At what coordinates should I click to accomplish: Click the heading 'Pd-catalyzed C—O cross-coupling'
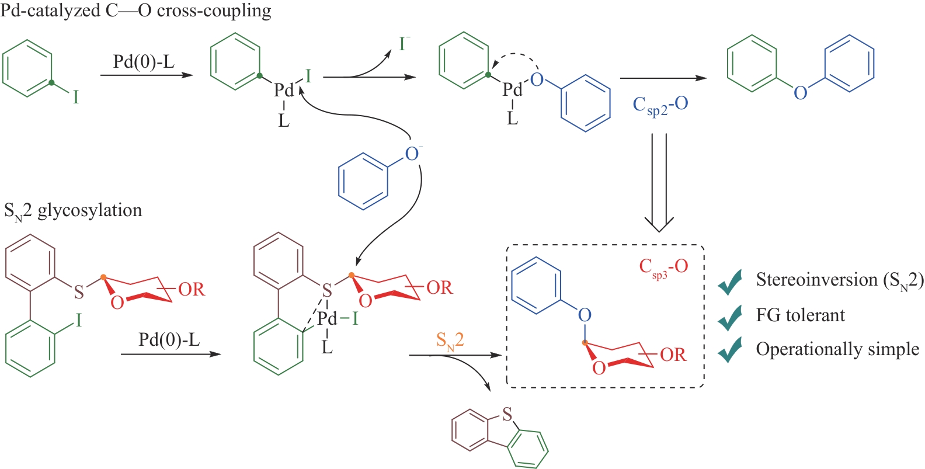[135, 11]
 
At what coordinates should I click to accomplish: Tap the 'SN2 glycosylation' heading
[73, 210]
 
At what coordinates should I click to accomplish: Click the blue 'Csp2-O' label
[660, 106]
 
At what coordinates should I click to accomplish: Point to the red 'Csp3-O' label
[663, 267]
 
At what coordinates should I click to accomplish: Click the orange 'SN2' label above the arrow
[450, 341]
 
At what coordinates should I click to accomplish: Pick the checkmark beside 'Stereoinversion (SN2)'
[730, 282]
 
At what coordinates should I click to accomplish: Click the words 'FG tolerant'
[800, 316]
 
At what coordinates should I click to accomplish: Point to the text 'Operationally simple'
[837, 349]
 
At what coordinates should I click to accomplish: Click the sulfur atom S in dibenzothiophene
[507, 415]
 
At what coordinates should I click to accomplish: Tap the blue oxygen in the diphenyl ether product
[800, 92]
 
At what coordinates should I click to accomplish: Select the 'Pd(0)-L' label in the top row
[144, 62]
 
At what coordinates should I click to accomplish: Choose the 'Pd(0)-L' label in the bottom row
[169, 339]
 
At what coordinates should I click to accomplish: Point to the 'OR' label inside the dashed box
[673, 355]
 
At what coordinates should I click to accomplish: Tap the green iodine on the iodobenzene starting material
[75, 97]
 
